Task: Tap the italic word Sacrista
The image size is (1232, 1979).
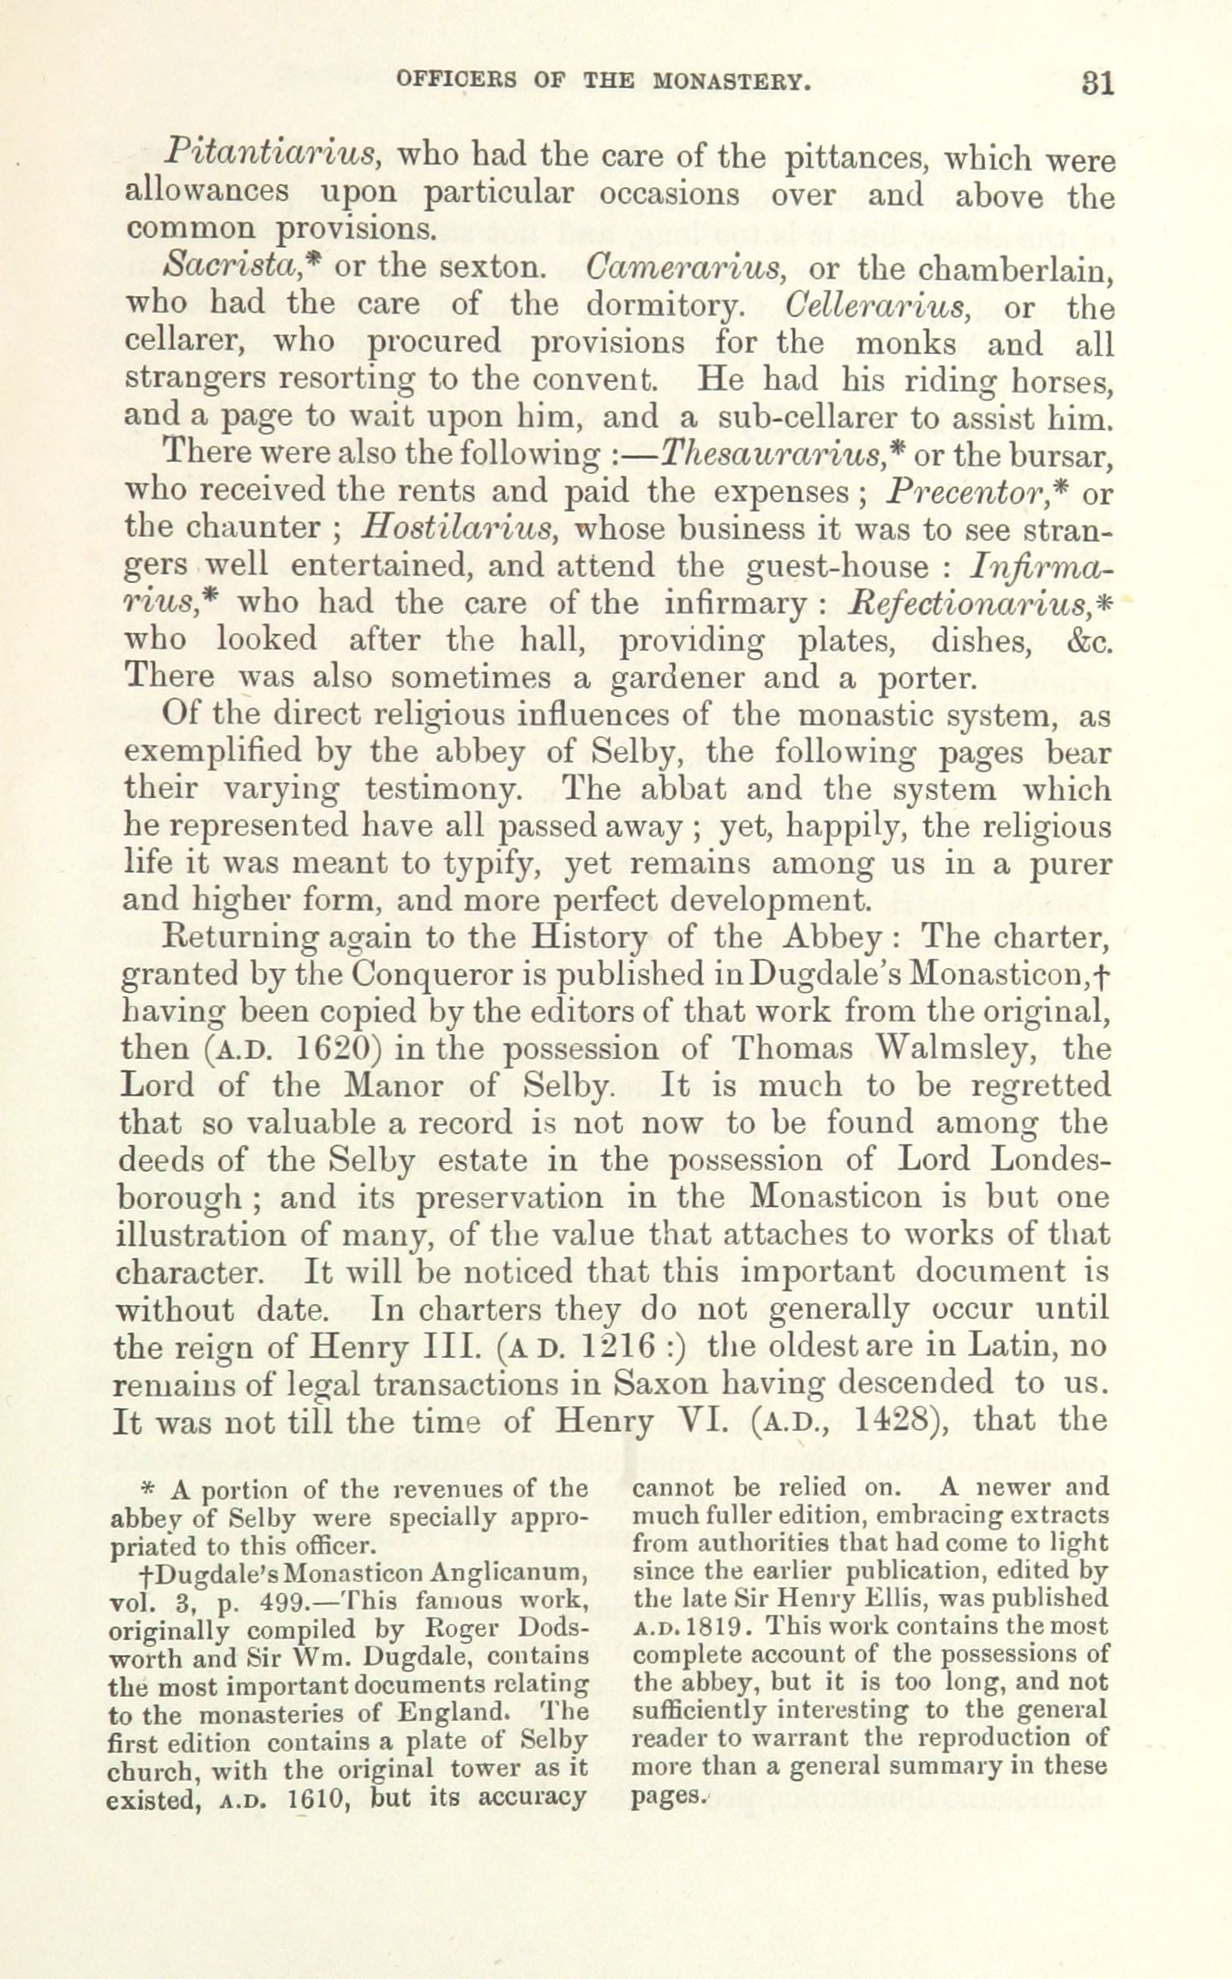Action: pos(225,267)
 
